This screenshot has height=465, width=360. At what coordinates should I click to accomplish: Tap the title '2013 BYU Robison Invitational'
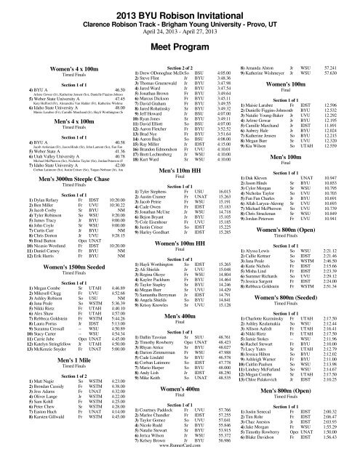coord(180,7)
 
